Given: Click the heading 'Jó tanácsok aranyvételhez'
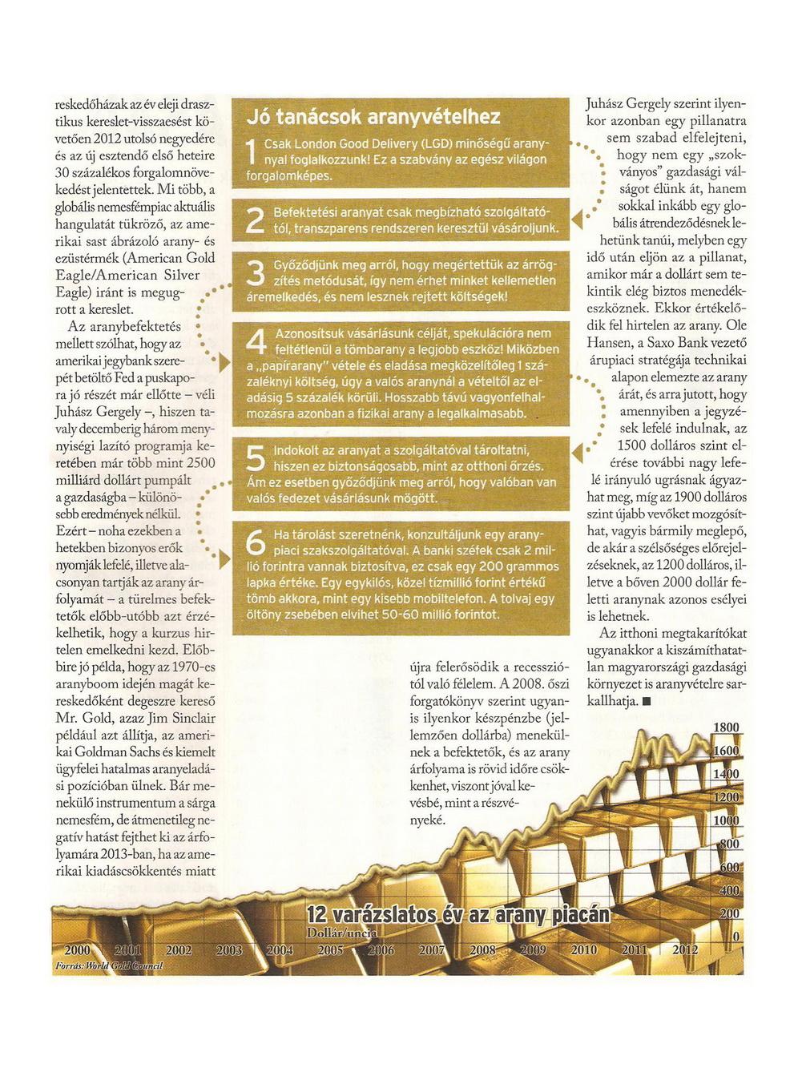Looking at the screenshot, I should click(x=373, y=117).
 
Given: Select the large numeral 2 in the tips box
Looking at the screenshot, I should click(x=255, y=220).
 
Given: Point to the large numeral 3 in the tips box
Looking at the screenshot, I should click(x=255, y=274).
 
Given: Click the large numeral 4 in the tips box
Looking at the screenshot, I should click(x=256, y=342).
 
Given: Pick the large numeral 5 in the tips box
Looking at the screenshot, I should click(x=255, y=459).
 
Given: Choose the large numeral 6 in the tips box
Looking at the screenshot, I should click(x=256, y=543).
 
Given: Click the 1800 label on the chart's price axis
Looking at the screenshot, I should click(x=726, y=727).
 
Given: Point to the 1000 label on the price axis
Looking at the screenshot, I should click(x=726, y=820).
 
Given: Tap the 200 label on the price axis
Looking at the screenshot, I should click(x=729, y=913).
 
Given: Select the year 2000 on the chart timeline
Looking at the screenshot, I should click(x=78, y=950).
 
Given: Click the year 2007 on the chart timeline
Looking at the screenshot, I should click(x=432, y=950).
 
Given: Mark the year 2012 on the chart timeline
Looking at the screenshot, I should click(x=685, y=950).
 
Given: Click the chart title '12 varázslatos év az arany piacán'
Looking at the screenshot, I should click(x=458, y=915).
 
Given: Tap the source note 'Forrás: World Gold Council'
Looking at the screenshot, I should click(x=109, y=966).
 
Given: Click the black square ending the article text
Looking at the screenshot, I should click(x=646, y=702).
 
